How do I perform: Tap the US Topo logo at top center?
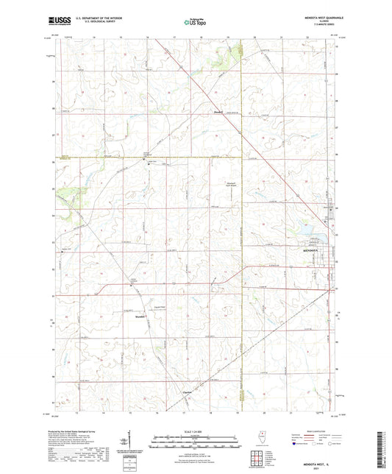pos(195,23)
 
